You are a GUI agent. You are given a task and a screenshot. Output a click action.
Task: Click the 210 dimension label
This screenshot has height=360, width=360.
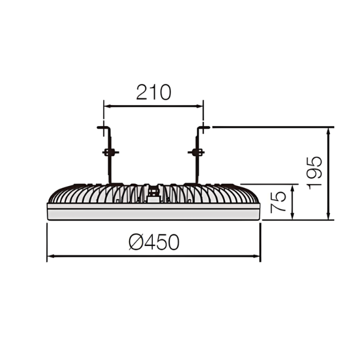(x=154, y=92)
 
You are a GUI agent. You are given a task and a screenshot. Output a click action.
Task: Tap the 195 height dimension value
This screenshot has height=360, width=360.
(x=314, y=173)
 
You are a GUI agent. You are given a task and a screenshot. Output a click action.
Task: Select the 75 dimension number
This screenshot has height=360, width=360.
(x=278, y=202)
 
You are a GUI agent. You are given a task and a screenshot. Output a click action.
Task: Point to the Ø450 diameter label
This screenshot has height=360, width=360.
(x=154, y=242)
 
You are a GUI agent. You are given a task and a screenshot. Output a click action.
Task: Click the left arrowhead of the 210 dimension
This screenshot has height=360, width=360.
(x=107, y=106)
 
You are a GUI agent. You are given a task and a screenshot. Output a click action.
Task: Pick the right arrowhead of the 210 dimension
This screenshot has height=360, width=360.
(x=200, y=106)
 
